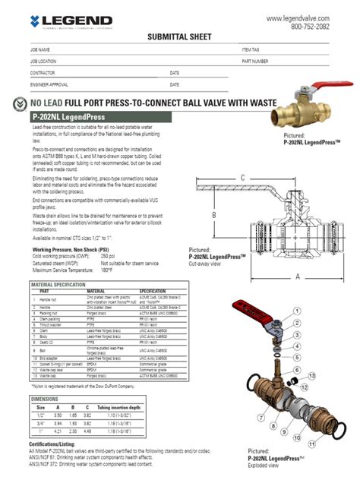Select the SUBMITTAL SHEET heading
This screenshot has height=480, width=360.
click(179, 36)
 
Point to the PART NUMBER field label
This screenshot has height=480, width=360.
click(255, 61)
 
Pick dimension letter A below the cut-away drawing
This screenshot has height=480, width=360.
click(298, 276)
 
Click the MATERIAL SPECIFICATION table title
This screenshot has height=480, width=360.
click(57, 284)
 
